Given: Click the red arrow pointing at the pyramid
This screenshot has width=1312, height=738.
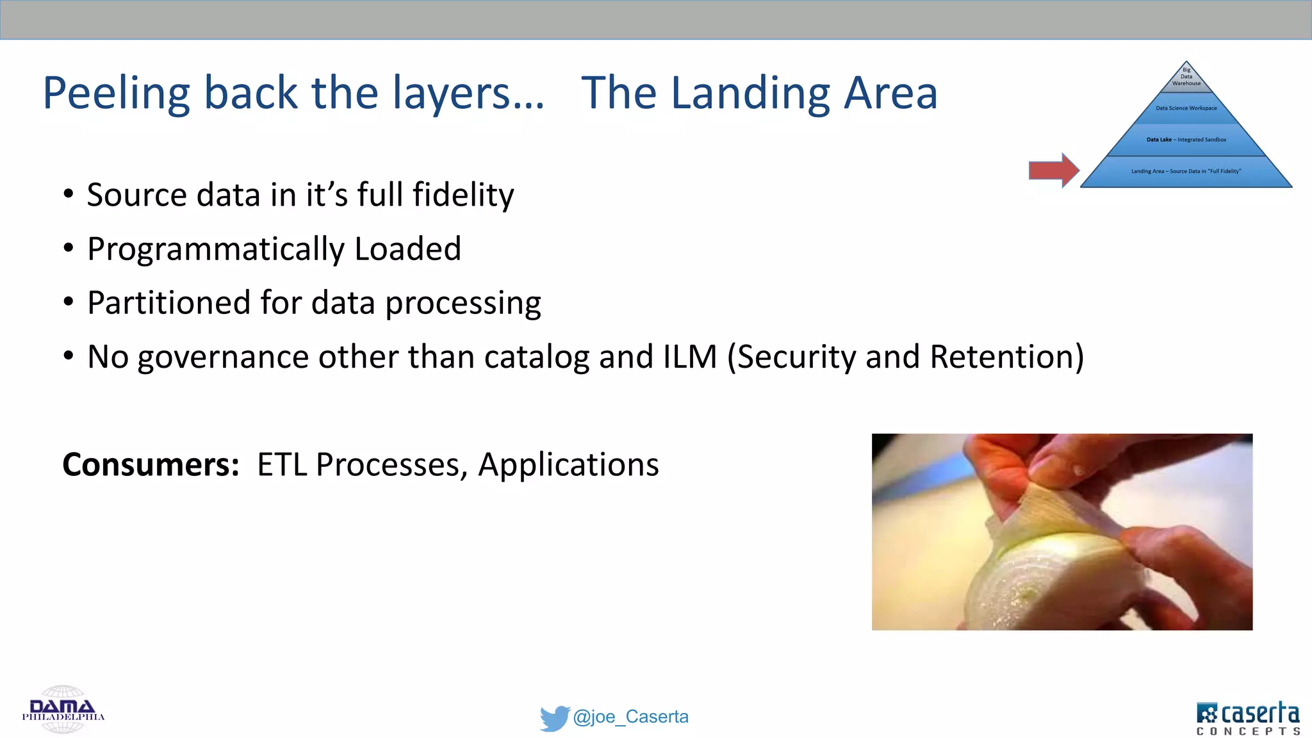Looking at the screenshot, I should pos(1053,170).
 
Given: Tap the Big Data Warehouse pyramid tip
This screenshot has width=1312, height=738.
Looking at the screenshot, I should pos(1186,78).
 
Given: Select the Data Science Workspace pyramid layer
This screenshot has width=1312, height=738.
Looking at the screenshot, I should pos(1186,108).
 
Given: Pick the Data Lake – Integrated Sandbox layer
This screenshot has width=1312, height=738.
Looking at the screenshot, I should pos(1186,140).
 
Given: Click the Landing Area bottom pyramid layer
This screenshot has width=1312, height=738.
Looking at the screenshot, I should pos(1186,172).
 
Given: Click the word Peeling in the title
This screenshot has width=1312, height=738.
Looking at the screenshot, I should pos(116,94).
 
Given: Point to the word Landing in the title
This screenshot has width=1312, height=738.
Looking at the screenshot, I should pos(750,94).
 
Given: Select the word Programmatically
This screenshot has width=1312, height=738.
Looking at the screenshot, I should pos(215,249).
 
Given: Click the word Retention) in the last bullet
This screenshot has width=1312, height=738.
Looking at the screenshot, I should pos(1006,357).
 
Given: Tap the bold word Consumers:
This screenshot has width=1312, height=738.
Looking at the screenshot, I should pos(151,464).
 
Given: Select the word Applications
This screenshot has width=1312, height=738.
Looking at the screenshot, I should pos(568,465).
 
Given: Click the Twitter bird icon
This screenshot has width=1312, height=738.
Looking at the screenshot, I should pos(554,717).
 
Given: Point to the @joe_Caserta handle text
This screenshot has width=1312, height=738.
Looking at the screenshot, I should pos(630,717).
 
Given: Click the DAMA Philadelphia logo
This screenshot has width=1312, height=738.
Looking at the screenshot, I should pos(63,710).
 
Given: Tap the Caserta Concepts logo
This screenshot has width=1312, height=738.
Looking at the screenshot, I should pos(1247,718).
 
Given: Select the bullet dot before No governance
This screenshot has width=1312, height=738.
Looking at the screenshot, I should pos(69,356).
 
